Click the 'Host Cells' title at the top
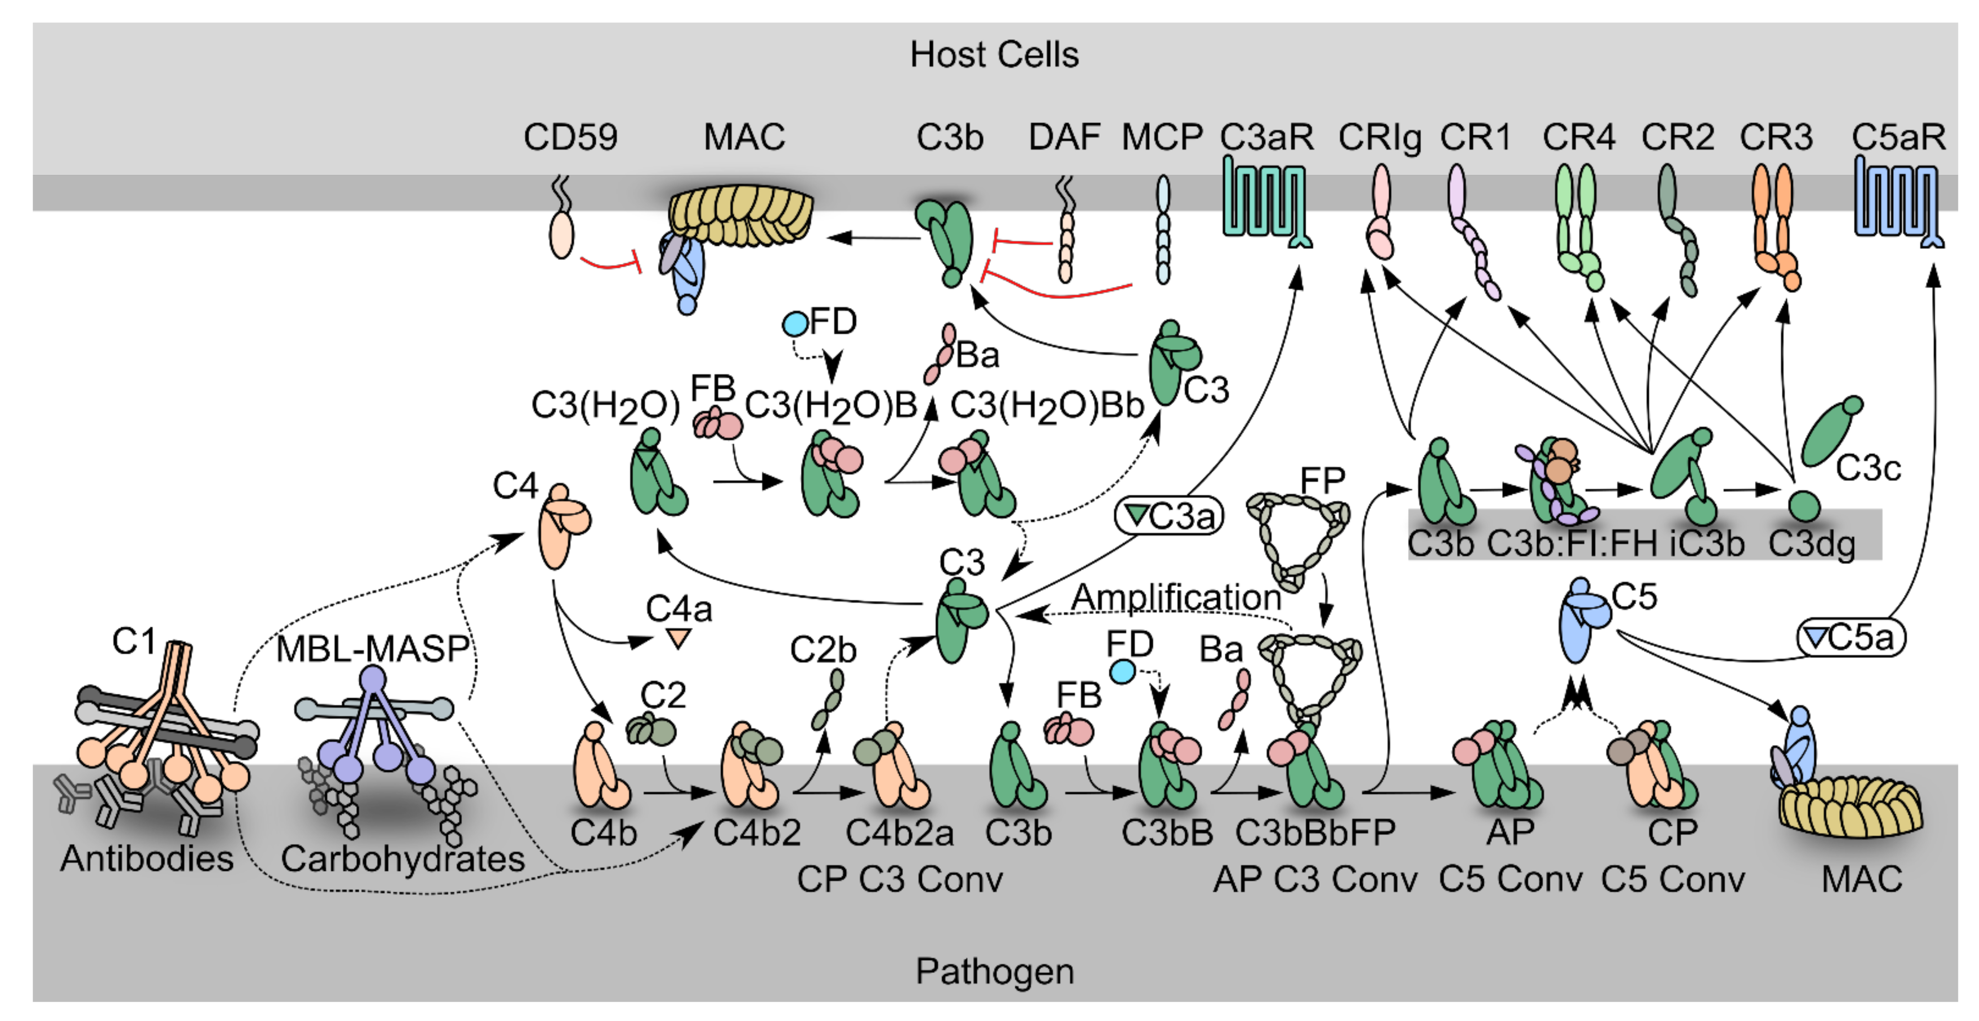(994, 55)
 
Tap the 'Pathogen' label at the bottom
(994, 972)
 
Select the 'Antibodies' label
(147, 859)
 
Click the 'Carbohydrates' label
(402, 859)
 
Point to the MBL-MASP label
(372, 649)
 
